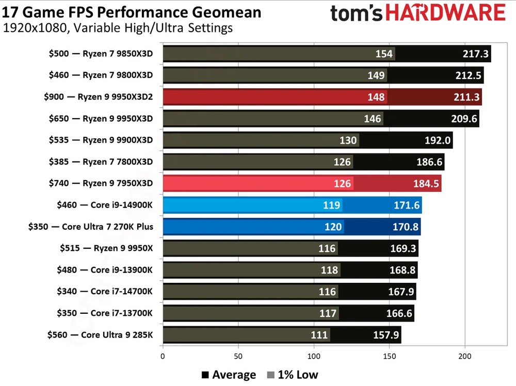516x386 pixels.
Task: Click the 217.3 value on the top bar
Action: click(x=475, y=54)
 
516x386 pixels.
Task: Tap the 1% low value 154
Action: click(x=384, y=54)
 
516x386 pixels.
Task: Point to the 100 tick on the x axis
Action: click(x=314, y=356)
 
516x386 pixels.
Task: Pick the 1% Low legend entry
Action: click(x=293, y=375)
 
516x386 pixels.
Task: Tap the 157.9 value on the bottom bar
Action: click(x=386, y=335)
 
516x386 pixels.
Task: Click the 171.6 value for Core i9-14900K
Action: click(x=407, y=205)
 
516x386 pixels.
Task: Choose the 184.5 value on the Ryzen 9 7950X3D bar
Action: click(x=426, y=184)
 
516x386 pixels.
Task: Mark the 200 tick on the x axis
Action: click(x=465, y=356)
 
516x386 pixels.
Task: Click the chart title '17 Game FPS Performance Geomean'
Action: click(x=132, y=11)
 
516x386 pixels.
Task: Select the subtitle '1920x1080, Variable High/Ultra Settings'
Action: click(x=118, y=28)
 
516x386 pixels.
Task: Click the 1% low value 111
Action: click(x=319, y=335)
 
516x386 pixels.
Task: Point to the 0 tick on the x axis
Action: click(x=163, y=356)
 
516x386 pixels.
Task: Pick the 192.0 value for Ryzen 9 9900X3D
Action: click(x=437, y=140)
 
